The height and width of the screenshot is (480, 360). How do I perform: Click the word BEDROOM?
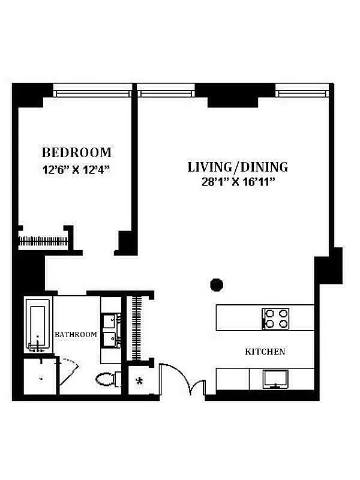(76, 152)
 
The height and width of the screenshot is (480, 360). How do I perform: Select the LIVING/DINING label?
(238, 167)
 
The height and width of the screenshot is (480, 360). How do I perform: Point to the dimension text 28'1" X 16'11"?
(238, 182)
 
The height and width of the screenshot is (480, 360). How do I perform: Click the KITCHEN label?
(265, 352)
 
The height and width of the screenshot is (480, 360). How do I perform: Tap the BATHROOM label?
(76, 334)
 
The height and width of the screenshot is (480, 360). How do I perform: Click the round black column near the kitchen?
(217, 284)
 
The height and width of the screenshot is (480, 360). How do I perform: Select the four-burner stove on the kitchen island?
(276, 318)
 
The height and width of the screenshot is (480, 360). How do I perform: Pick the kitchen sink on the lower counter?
(275, 379)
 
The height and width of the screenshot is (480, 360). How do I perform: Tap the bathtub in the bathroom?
(37, 328)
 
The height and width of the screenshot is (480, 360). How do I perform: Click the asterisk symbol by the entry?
(140, 381)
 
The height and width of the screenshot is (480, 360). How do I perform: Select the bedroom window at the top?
(92, 93)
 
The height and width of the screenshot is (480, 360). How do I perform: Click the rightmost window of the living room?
(302, 93)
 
